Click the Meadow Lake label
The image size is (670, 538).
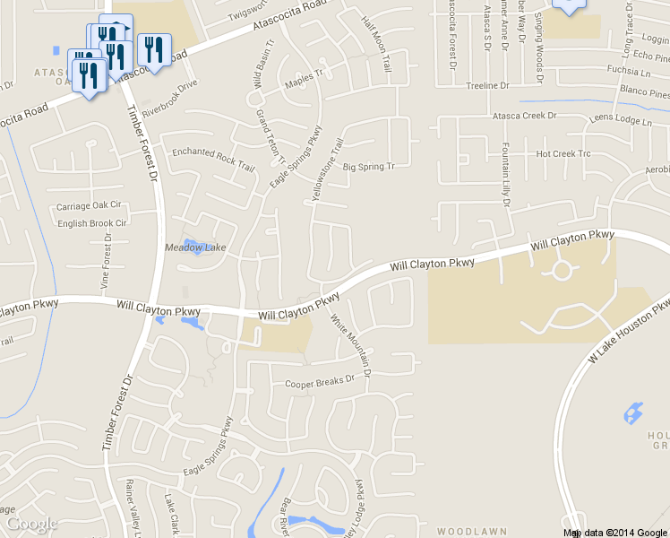tap(195, 247)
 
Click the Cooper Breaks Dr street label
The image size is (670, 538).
tap(320, 383)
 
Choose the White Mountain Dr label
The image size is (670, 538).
tap(350, 344)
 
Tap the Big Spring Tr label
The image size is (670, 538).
tap(369, 167)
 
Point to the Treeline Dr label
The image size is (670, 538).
tap(487, 86)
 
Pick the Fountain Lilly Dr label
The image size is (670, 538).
tap(505, 175)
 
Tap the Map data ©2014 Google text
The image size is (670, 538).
tap(614, 533)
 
